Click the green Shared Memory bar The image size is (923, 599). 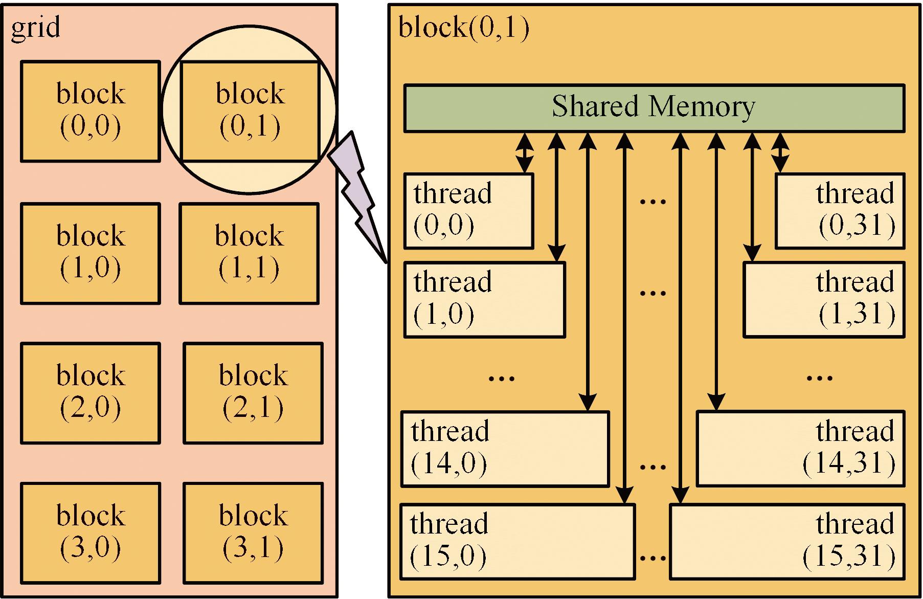click(x=654, y=108)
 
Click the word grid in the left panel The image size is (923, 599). click(x=35, y=27)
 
